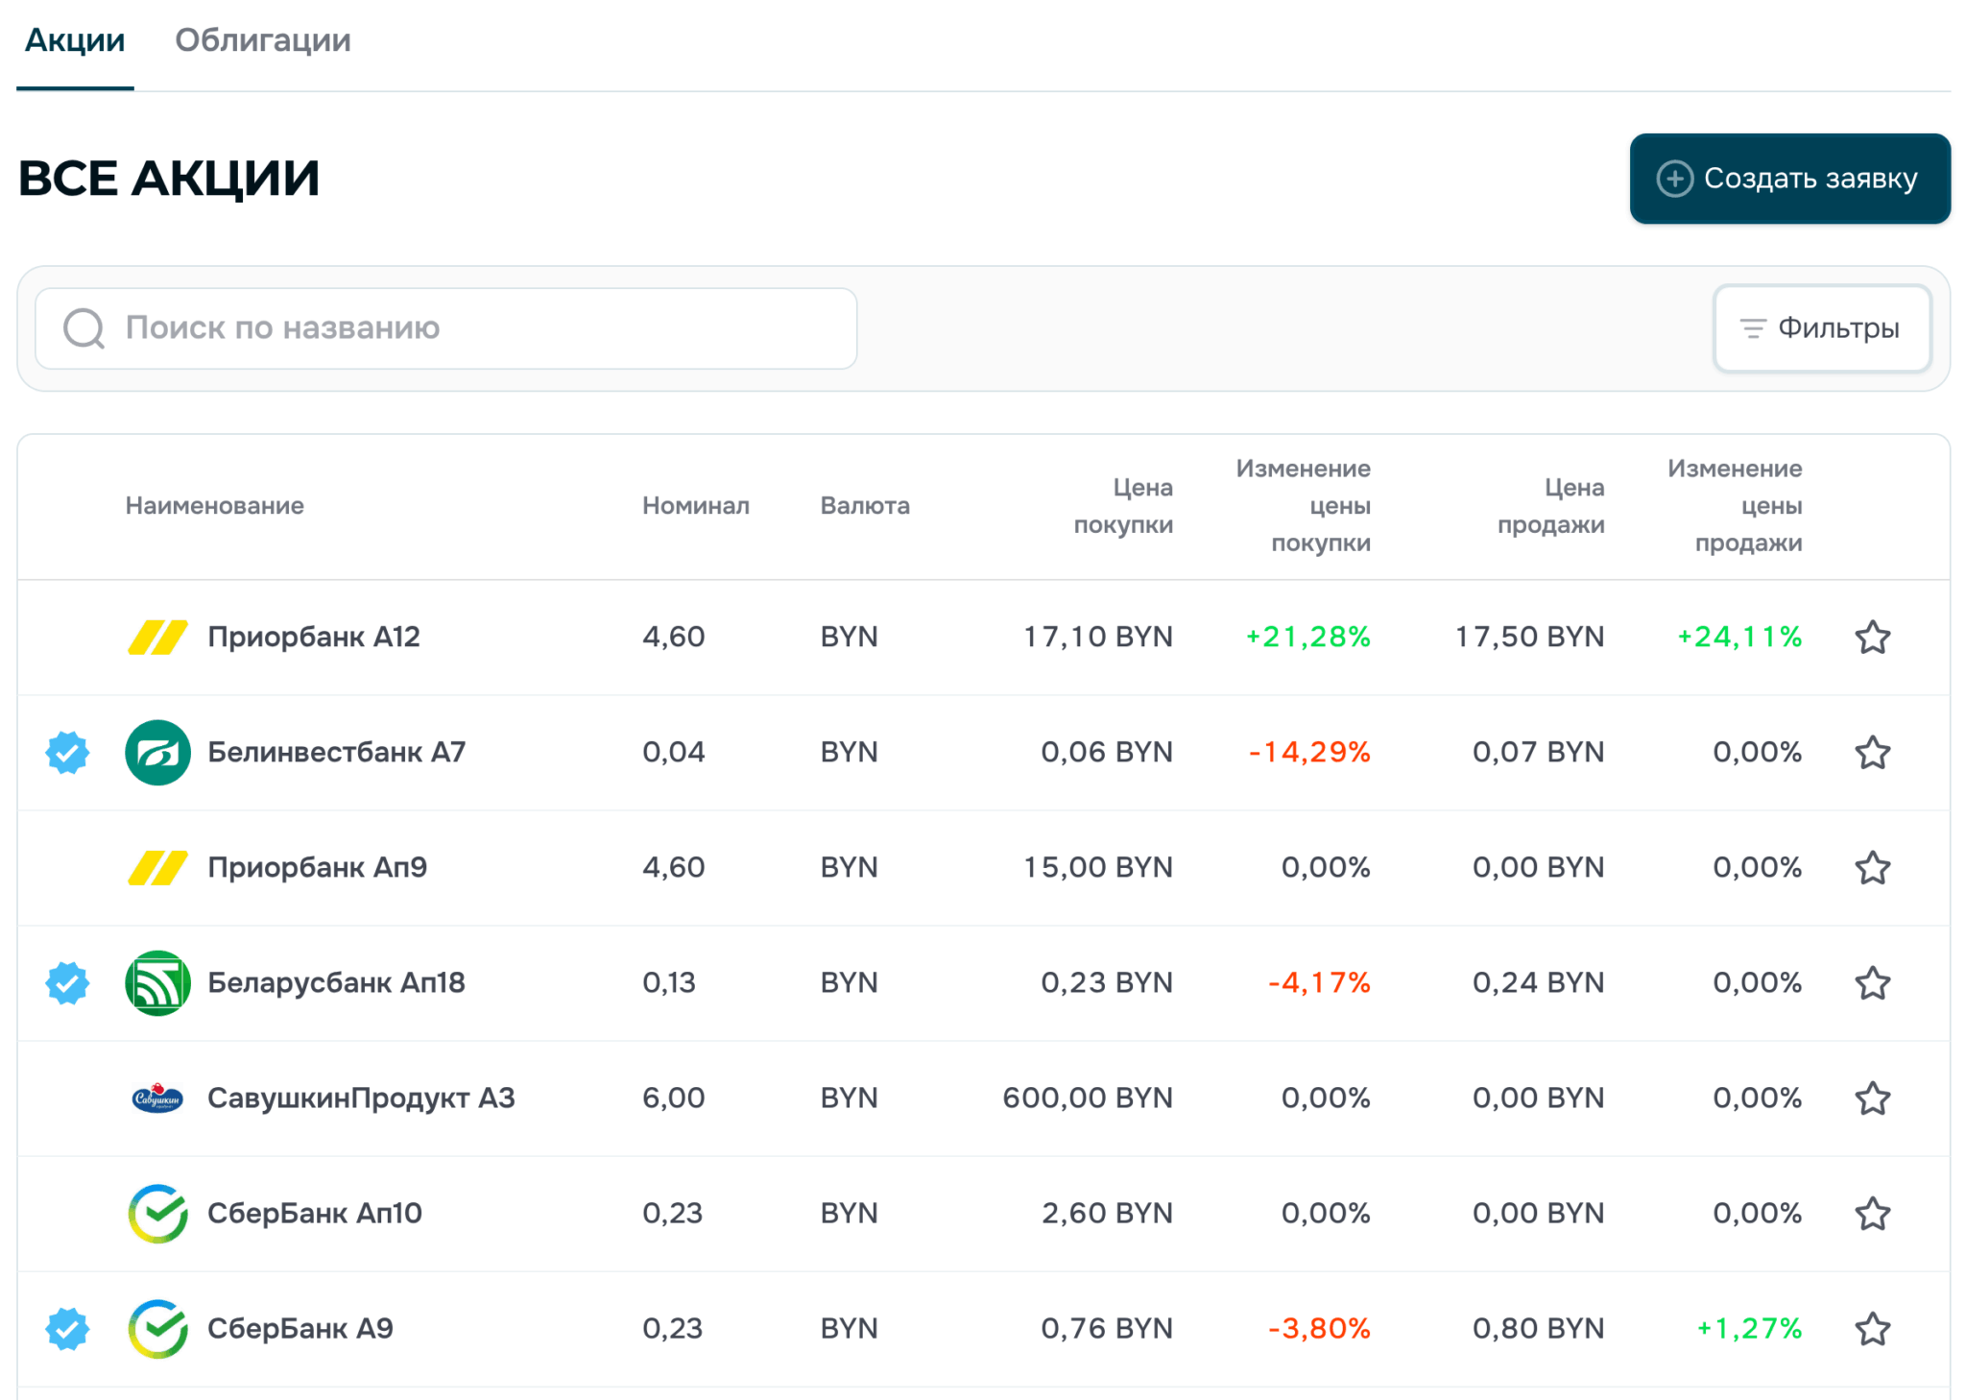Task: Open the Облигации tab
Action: (x=262, y=40)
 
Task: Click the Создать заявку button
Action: (x=1789, y=179)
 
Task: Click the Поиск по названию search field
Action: (x=445, y=328)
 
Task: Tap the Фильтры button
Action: (x=1822, y=328)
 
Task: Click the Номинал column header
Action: (x=696, y=506)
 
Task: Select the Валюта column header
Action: (x=865, y=506)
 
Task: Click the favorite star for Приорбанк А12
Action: (x=1872, y=638)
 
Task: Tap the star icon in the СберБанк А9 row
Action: (x=1872, y=1329)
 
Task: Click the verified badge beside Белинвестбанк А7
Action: (x=67, y=753)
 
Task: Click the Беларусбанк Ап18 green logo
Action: (x=157, y=983)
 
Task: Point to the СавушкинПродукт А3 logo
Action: (x=157, y=1098)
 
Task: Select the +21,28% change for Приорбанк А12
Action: (x=1307, y=637)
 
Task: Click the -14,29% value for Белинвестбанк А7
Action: (x=1309, y=752)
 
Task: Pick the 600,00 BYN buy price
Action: (x=1088, y=1098)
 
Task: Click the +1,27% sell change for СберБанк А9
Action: (x=1749, y=1328)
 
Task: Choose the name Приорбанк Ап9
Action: (x=318, y=867)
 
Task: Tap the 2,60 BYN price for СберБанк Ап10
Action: (x=1108, y=1213)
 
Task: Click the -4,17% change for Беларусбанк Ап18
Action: (x=1319, y=982)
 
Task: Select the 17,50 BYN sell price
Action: (x=1530, y=637)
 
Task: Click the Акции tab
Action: (x=75, y=40)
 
